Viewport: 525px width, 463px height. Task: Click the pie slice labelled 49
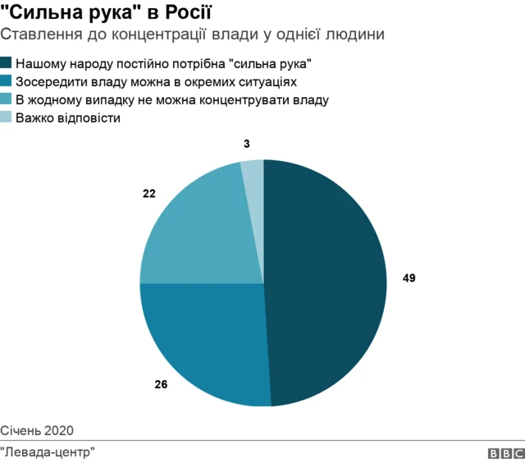click(328, 279)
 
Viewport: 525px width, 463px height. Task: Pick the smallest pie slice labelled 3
click(253, 176)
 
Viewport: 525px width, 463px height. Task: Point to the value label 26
click(161, 383)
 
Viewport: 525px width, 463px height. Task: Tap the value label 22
click(149, 195)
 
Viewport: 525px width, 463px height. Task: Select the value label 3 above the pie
click(246, 144)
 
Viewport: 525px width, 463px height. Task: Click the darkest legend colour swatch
click(7, 63)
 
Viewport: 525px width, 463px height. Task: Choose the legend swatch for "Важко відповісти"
click(7, 117)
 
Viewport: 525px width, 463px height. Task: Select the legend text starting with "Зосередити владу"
click(156, 81)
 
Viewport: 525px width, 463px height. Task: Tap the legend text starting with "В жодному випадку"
click(172, 99)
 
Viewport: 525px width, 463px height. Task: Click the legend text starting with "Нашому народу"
click(164, 63)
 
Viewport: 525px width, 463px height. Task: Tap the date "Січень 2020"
click(37, 430)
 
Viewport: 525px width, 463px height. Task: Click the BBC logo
click(506, 452)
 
